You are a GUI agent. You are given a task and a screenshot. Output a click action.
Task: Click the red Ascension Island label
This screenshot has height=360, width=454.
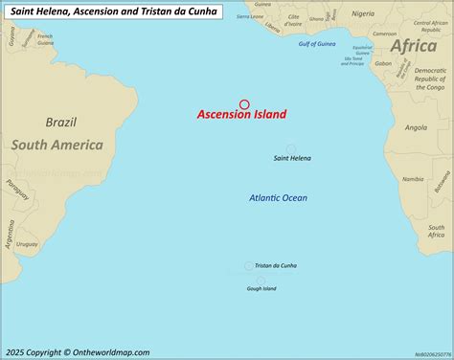tap(241, 115)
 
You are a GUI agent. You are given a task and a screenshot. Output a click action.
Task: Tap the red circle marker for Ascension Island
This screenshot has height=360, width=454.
tap(244, 104)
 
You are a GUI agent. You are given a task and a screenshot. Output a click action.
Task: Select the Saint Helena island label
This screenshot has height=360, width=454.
tap(292, 158)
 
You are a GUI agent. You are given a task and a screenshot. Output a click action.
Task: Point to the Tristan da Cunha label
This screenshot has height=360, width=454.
tap(283, 265)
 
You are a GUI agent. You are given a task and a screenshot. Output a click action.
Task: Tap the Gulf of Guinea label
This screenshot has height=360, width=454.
tap(319, 45)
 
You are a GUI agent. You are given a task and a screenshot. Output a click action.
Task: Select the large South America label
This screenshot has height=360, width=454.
tap(57, 145)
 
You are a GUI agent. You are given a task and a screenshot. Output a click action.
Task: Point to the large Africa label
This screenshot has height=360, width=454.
tap(414, 46)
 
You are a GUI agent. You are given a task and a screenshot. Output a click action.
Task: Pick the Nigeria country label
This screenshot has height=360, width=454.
tap(363, 14)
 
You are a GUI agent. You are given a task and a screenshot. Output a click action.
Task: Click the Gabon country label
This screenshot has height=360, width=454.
tap(383, 64)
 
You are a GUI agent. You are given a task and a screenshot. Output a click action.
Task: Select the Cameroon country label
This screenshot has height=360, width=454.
tap(386, 34)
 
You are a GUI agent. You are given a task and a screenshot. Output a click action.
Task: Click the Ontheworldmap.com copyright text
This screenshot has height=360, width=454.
tap(77, 351)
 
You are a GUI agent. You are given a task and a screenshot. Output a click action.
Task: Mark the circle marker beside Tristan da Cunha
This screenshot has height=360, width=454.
tap(249, 265)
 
